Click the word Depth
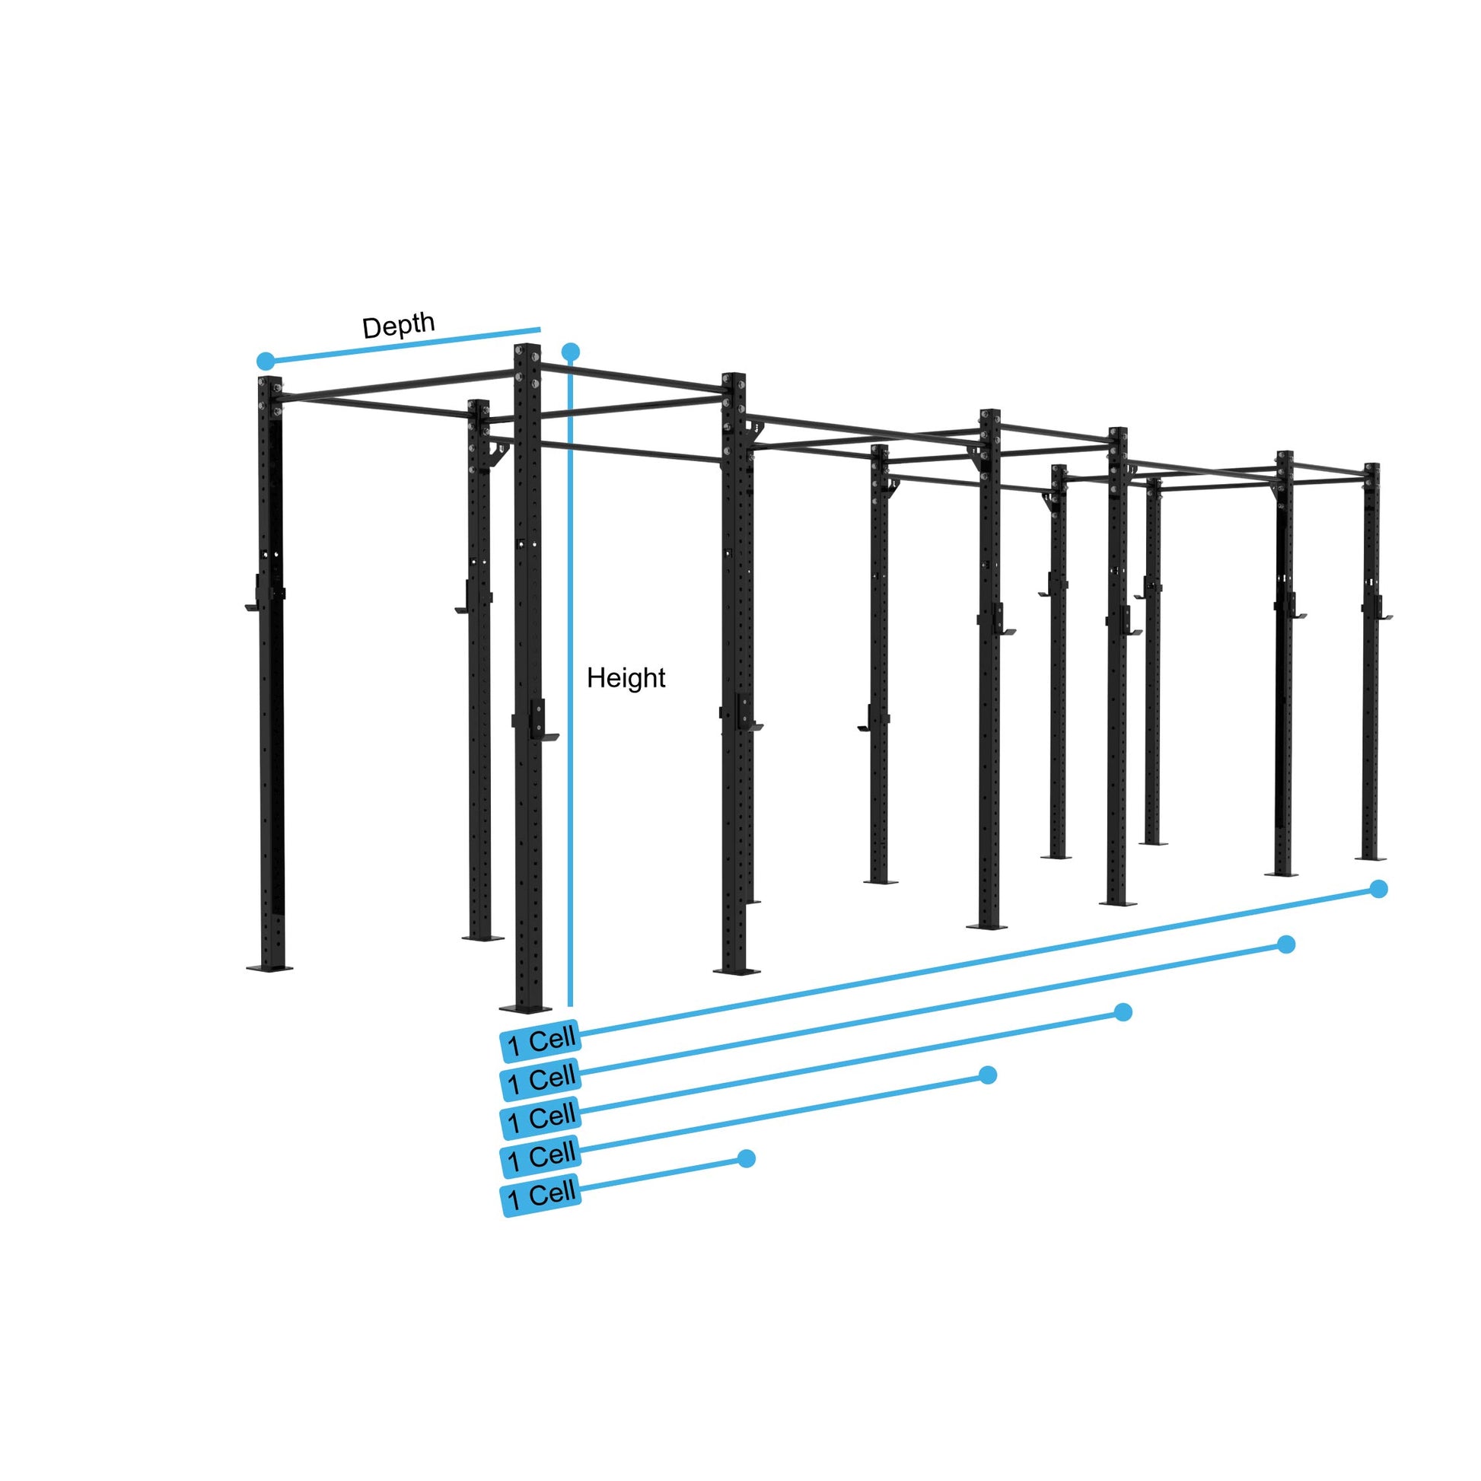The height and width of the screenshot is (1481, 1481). click(x=398, y=326)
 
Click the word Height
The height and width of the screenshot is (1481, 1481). click(x=626, y=677)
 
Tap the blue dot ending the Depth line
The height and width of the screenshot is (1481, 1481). click(x=266, y=360)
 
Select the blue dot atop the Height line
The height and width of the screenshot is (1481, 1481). click(x=570, y=352)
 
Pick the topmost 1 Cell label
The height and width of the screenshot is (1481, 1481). click(x=540, y=1041)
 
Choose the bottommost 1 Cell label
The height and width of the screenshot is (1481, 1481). click(x=540, y=1196)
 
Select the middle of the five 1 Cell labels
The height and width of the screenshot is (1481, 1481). click(x=540, y=1119)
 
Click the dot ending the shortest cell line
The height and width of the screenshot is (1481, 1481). click(x=747, y=1158)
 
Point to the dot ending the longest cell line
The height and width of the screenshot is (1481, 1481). click(x=1378, y=889)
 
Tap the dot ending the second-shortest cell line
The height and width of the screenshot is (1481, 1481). click(x=988, y=1075)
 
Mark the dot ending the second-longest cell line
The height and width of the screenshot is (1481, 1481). click(x=1286, y=944)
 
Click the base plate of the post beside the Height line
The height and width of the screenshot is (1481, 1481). click(x=525, y=1008)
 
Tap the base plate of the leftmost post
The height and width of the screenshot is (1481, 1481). click(x=270, y=967)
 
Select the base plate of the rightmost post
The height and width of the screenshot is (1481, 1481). click(x=1371, y=858)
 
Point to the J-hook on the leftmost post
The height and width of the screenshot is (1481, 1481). click(x=253, y=607)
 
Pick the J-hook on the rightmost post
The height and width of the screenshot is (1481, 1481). click(x=1383, y=616)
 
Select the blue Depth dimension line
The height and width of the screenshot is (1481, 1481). click(x=403, y=345)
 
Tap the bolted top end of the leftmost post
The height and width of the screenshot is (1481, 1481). click(x=270, y=386)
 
